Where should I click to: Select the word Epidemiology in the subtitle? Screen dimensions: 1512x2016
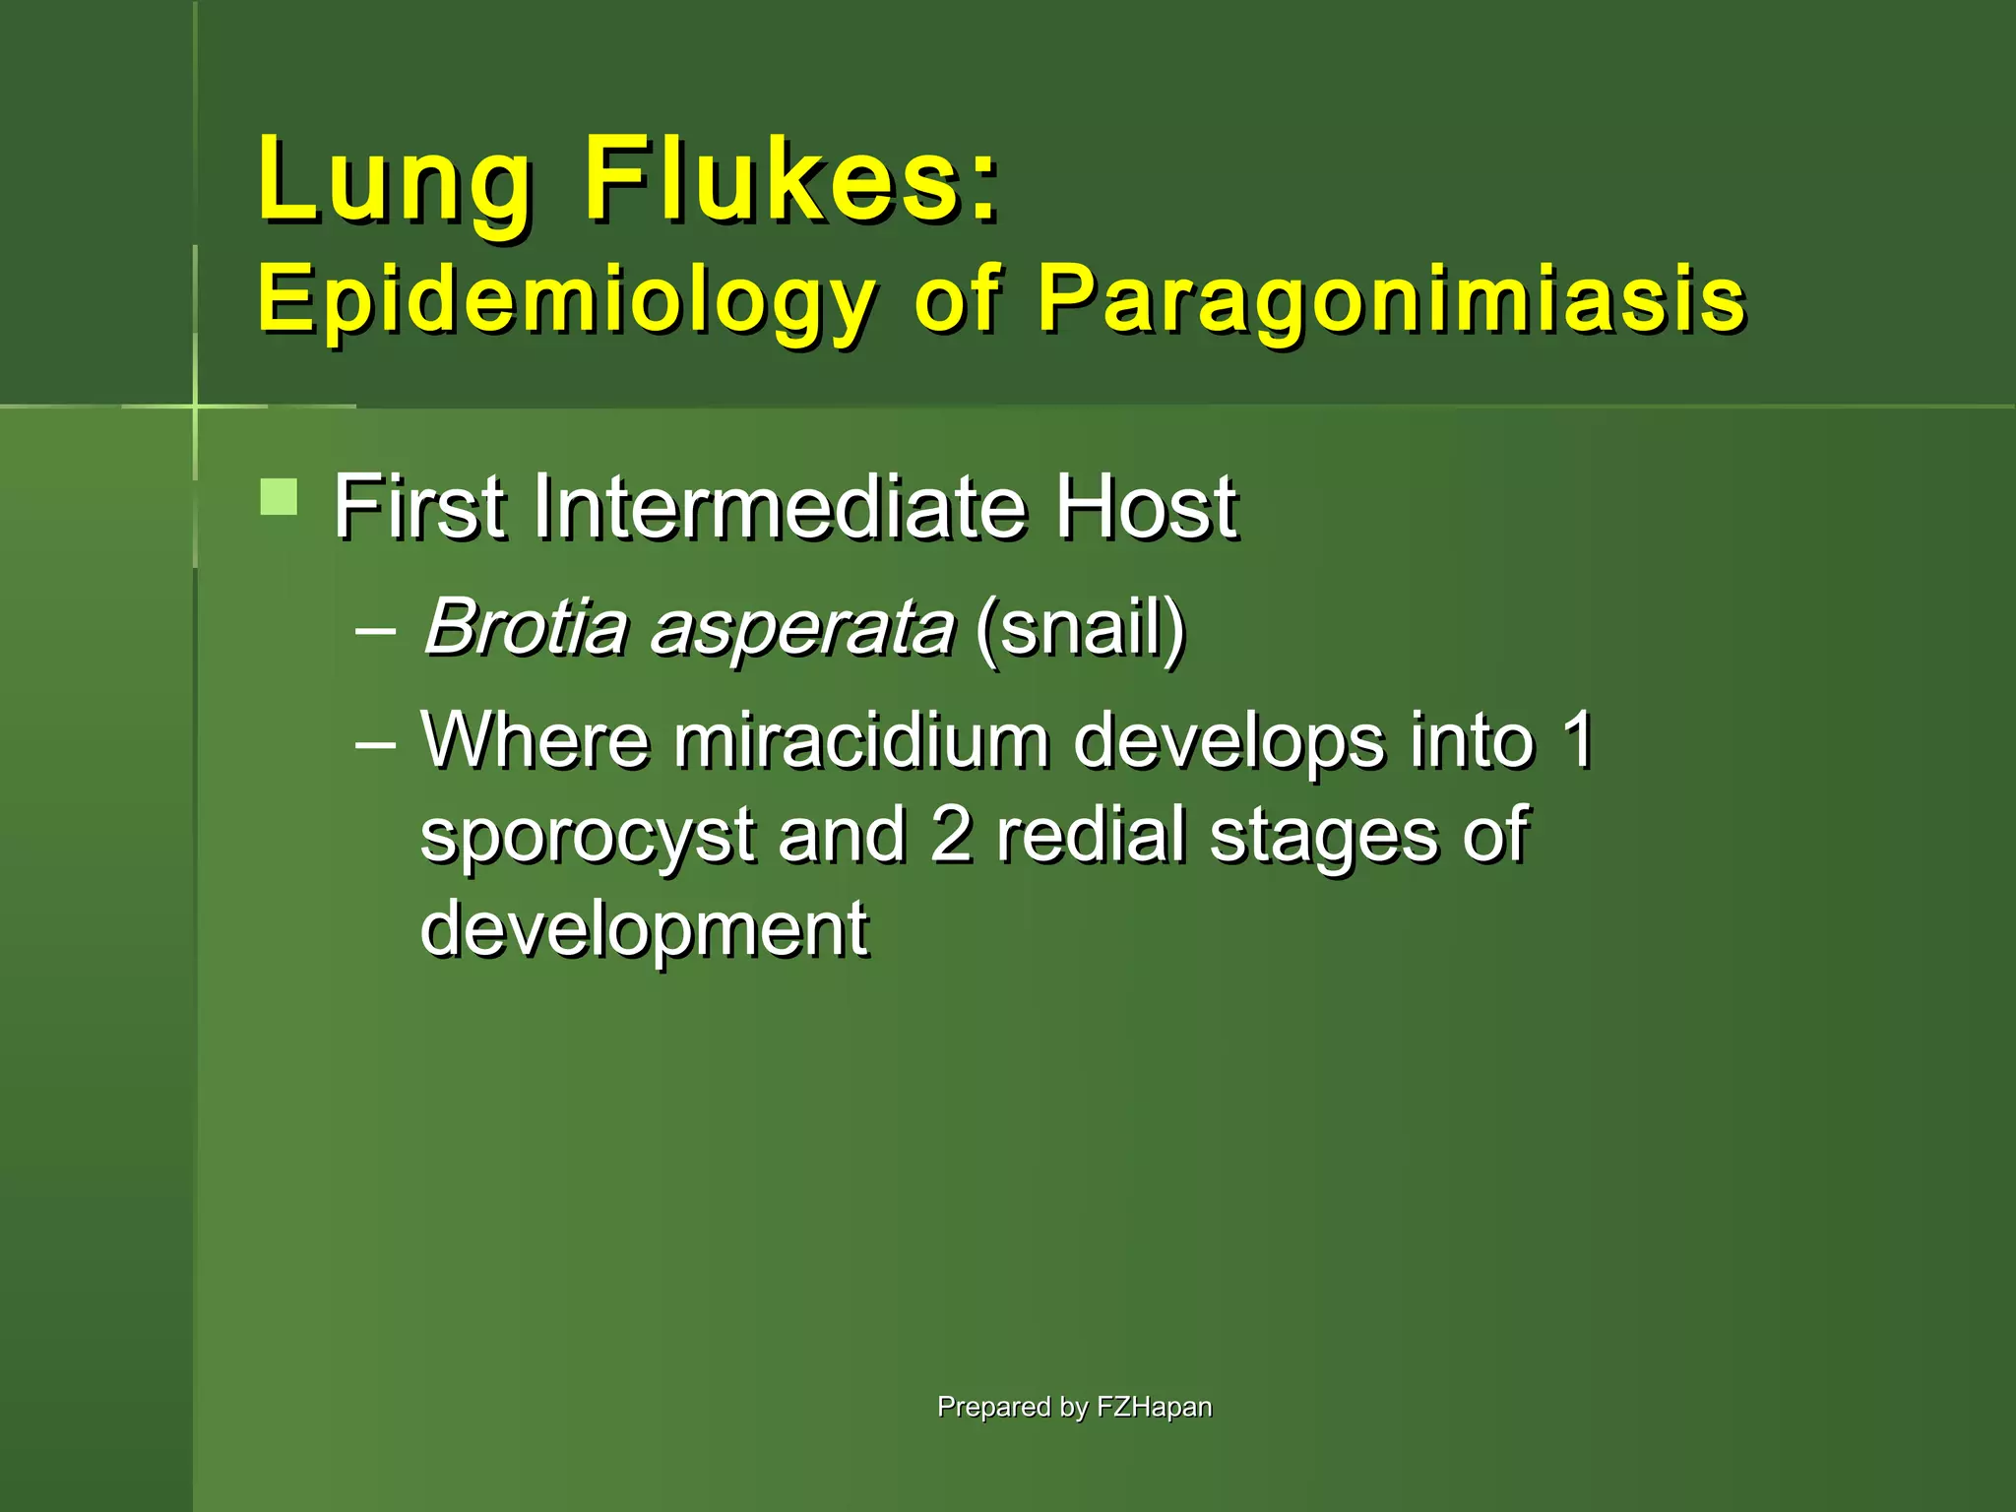[x=566, y=301]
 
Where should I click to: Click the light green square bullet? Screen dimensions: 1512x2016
[x=279, y=497]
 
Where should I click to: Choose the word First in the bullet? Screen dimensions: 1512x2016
[x=419, y=508]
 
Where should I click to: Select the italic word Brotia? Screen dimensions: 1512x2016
[x=526, y=627]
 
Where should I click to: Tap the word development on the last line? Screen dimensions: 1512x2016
[x=644, y=929]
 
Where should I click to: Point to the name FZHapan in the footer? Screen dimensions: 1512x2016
[x=1154, y=1408]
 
